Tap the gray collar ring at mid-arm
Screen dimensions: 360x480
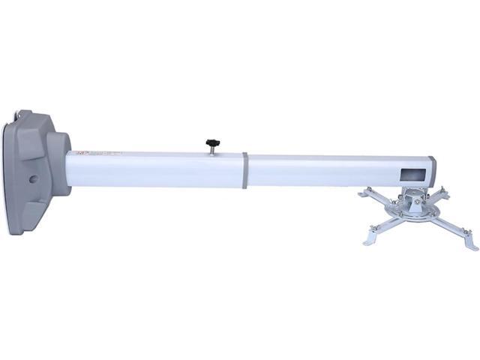[x=244, y=172]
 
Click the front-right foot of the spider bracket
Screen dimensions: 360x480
[x=468, y=244]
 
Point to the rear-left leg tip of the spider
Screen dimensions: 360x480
[x=363, y=193]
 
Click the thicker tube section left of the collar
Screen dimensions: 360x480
[x=157, y=172]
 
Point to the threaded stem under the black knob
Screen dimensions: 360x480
[x=211, y=149]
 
